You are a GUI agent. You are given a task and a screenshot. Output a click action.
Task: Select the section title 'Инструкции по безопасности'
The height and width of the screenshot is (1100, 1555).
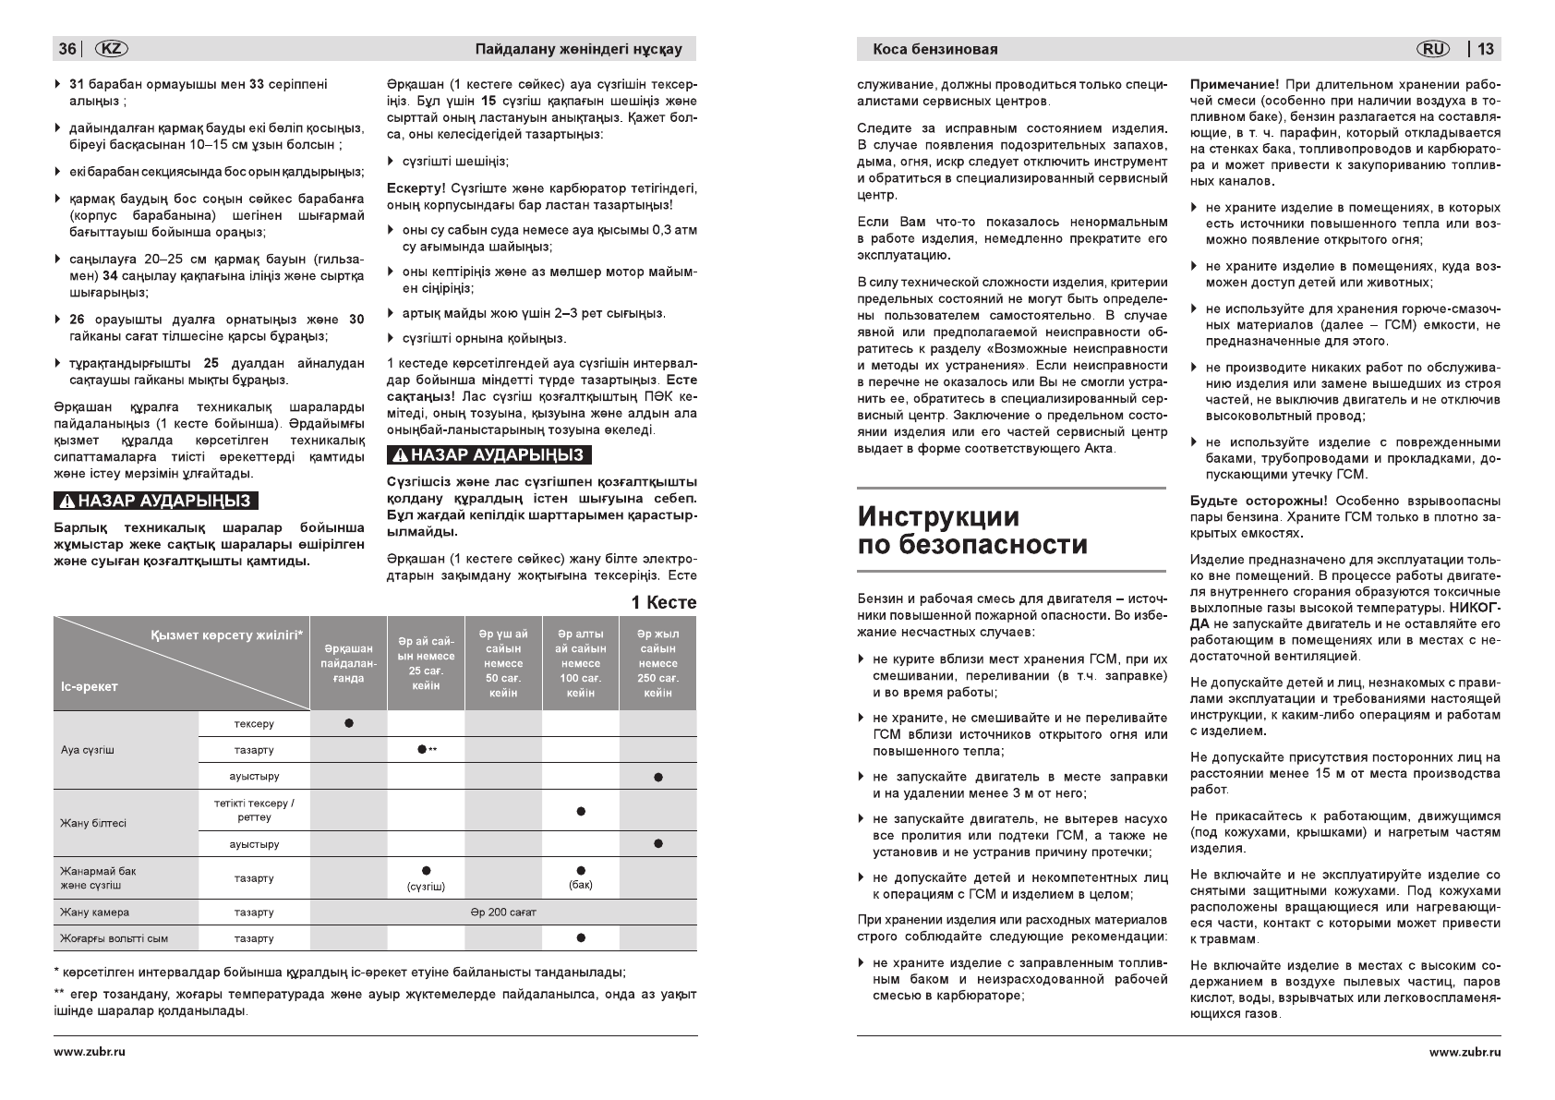coord(972,530)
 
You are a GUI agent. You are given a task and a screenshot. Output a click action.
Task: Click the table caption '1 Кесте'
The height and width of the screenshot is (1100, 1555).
coord(664,602)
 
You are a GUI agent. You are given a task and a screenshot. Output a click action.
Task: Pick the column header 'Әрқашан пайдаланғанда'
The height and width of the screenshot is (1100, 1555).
coord(348,663)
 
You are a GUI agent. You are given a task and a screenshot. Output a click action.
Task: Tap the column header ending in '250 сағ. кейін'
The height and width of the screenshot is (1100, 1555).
coord(657,663)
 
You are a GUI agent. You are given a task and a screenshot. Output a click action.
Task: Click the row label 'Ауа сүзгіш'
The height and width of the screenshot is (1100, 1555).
coord(88,750)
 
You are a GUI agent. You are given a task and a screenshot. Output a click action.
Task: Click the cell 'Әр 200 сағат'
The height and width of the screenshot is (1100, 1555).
coord(503,913)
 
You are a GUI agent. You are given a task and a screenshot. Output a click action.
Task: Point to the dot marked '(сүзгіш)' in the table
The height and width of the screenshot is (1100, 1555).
coord(426,871)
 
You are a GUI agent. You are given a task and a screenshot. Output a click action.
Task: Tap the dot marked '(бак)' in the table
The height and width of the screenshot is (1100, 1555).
coord(580,870)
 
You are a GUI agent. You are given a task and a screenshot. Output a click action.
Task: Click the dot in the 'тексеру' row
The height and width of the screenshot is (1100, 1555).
coord(348,723)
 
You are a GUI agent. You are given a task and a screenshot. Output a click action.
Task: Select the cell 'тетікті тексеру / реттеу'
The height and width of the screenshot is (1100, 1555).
coord(254,810)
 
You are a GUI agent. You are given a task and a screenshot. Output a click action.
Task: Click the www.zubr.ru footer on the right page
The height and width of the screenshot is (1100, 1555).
coord(1465,1052)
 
